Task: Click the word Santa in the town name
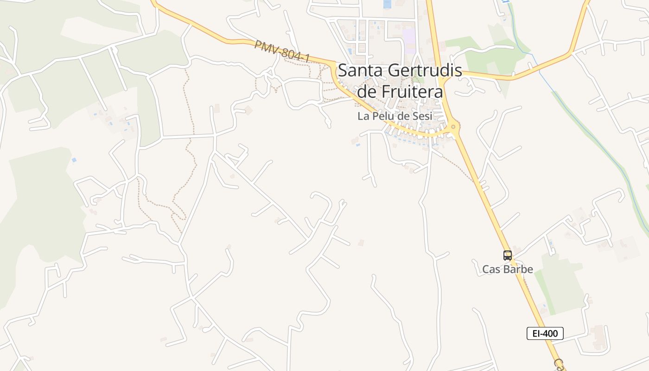(x=360, y=71)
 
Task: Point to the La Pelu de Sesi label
(x=394, y=116)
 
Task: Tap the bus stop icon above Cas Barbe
(x=508, y=255)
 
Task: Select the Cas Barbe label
(x=508, y=269)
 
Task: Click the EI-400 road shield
(x=545, y=333)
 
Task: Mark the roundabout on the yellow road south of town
(x=453, y=126)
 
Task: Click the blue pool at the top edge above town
(x=387, y=4)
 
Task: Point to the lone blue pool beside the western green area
(x=74, y=160)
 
